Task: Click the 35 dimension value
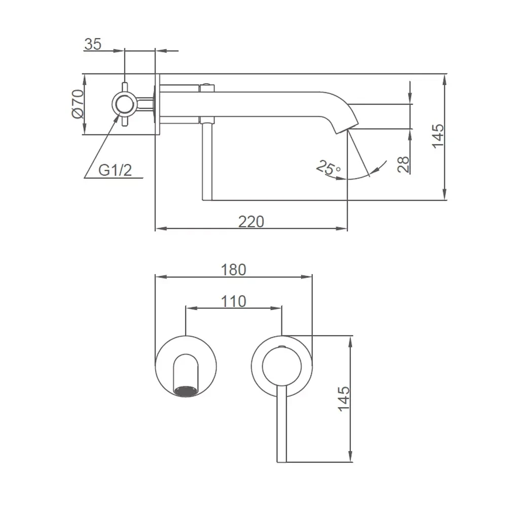tap(93, 44)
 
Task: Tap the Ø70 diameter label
tap(78, 104)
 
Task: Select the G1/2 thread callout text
tap(115, 170)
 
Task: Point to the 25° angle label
tap(328, 167)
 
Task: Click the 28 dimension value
tap(404, 164)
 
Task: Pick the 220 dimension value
tap(251, 222)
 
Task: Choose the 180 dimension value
tap(233, 270)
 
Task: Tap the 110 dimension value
tap(233, 301)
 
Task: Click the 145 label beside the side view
tap(439, 136)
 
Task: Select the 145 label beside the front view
tap(344, 399)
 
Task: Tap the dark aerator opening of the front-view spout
tap(186, 391)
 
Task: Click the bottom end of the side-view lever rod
tap(207, 199)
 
